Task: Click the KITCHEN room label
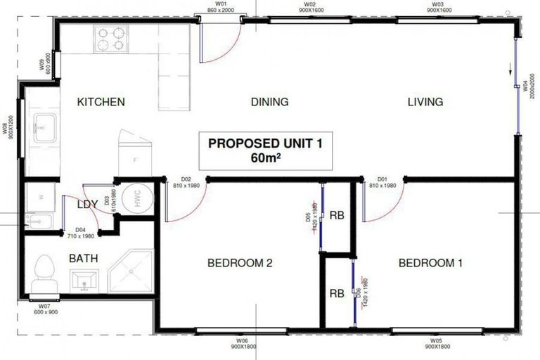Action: [101, 102]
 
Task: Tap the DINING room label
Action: [269, 102]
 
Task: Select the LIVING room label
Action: [425, 102]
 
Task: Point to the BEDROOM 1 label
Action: [430, 264]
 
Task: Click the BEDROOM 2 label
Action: [239, 264]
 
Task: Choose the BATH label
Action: [83, 258]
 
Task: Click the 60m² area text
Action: [265, 157]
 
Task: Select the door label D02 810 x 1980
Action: [191, 182]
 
